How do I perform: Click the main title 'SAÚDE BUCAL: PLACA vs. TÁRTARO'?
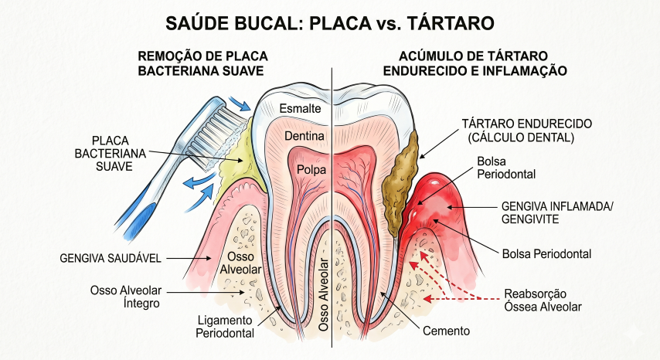tap(330, 22)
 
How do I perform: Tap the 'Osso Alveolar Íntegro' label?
tap(125, 297)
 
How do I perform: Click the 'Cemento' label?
tap(447, 331)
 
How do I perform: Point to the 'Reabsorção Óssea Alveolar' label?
tap(543, 300)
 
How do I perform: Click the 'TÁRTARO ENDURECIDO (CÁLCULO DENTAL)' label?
tap(515, 131)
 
